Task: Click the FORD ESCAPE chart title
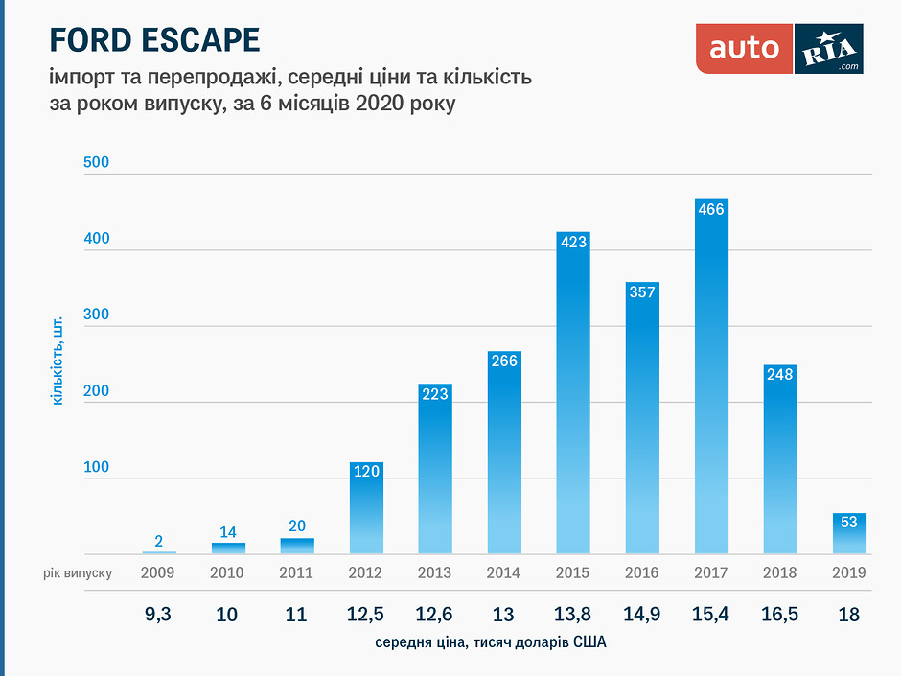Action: click(x=154, y=40)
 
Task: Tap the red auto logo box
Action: click(x=745, y=48)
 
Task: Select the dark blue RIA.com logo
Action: click(x=829, y=48)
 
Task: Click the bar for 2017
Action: click(x=711, y=384)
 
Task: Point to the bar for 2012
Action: click(x=366, y=513)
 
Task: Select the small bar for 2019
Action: click(x=849, y=534)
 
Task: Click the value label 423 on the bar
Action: click(x=573, y=243)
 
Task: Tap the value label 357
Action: click(x=642, y=291)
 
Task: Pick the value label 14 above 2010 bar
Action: click(x=228, y=532)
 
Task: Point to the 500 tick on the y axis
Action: click(x=97, y=162)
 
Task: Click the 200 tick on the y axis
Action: click(x=97, y=391)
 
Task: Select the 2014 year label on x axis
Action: click(x=504, y=572)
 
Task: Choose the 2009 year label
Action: click(x=159, y=572)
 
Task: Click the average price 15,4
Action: click(x=711, y=614)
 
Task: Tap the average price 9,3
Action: click(x=159, y=614)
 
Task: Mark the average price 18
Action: click(x=849, y=614)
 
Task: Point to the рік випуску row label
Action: click(x=78, y=572)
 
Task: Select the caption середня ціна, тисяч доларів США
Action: click(x=491, y=643)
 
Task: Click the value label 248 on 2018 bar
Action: click(x=780, y=374)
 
